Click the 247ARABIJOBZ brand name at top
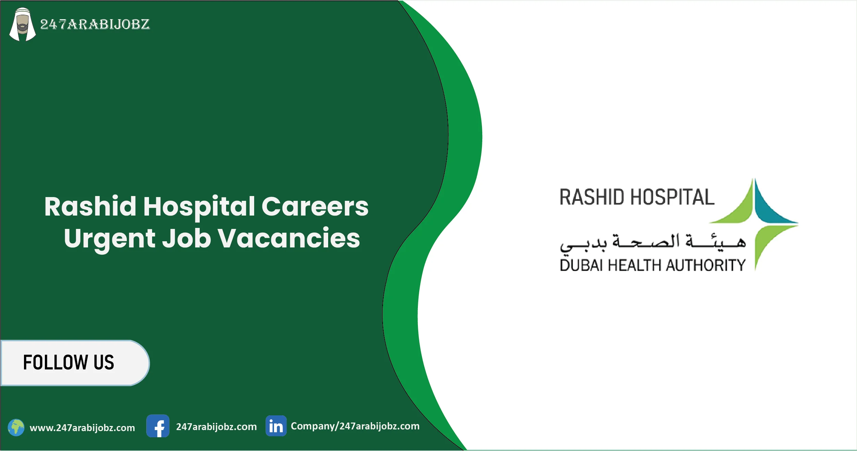tap(95, 24)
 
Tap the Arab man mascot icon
tap(23, 25)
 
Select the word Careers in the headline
tap(315, 207)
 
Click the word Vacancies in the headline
tap(289, 238)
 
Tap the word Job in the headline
tap(186, 238)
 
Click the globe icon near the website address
tap(16, 428)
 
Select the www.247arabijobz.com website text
tap(82, 428)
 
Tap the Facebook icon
tap(158, 426)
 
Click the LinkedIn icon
tap(276, 426)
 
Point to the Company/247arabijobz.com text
tap(355, 426)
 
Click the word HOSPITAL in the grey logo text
tap(672, 197)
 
